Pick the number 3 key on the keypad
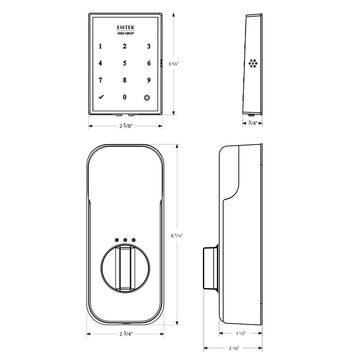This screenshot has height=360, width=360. (x=146, y=47)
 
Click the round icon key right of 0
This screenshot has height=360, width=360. (x=146, y=98)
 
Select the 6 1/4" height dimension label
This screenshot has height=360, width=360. (x=177, y=230)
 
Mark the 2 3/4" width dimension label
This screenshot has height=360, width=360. (x=124, y=331)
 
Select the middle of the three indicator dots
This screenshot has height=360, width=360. (x=125, y=240)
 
